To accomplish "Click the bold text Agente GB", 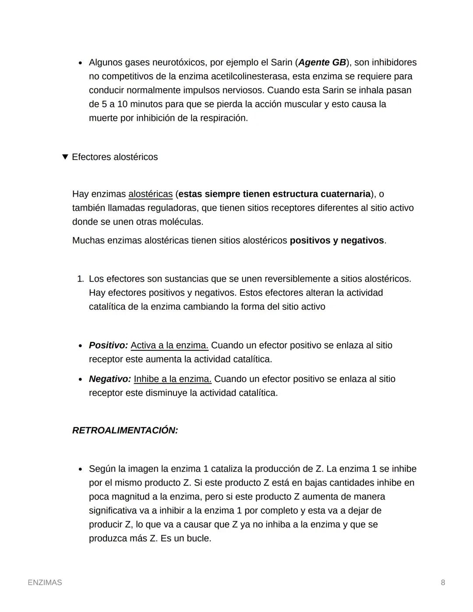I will coord(322,63).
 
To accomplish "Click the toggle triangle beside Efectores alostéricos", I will coord(65,157).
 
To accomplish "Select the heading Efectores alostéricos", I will coord(115,157).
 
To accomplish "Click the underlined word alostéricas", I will coord(150,194).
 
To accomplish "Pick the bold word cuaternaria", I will coord(345,194).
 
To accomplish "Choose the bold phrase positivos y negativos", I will coord(337,241).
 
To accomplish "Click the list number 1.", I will coord(80,279).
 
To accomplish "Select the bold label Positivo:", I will coord(108,345).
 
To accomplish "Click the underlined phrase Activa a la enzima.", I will coord(169,345).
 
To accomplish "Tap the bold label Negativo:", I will coord(110,379).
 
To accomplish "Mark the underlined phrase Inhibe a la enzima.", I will coord(173,379).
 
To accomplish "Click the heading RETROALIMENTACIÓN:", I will coord(125,431).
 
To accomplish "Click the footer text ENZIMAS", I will coord(45,583).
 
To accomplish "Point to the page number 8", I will coord(443,583).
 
